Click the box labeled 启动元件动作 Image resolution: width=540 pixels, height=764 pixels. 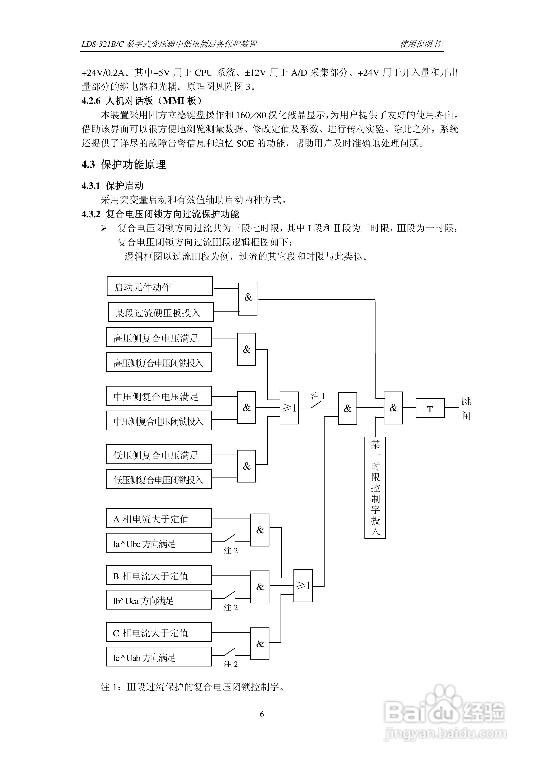coord(160,286)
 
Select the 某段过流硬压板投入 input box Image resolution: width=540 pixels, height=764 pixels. coord(161,312)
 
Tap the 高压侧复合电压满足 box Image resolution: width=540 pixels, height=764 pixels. coord(159,337)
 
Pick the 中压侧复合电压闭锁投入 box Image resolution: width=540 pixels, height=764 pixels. coord(159,421)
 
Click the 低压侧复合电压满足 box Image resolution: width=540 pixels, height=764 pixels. coord(159,454)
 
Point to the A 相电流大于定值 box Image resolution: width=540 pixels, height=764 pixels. coord(159,518)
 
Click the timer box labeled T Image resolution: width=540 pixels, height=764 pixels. coord(430,408)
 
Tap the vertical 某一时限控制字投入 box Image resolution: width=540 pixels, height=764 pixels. coord(375,487)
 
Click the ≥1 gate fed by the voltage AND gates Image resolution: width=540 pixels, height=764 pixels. coord(289,408)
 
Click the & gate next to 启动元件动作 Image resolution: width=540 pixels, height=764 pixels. coord(248,299)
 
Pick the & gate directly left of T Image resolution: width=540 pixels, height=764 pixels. coord(393,408)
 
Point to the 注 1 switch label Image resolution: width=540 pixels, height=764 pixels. coord(318,396)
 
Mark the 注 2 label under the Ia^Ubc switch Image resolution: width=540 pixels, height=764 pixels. coord(231,550)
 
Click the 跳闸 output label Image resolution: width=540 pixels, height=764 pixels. coord(466,409)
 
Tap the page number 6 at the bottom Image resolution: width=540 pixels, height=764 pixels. coord(262,714)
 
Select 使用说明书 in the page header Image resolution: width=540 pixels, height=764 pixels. coord(420,44)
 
